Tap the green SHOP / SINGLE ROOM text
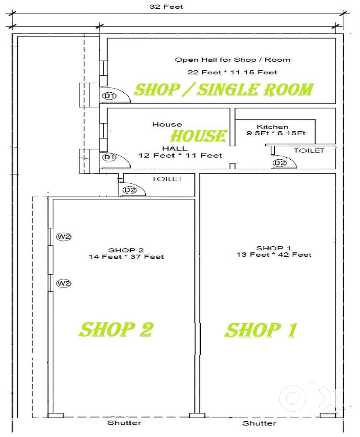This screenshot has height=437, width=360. pyautogui.click(x=224, y=90)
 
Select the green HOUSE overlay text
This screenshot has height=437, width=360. pyautogui.click(x=198, y=136)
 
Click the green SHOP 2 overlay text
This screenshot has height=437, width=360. pyautogui.click(x=115, y=329)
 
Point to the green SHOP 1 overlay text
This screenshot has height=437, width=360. pyautogui.click(x=261, y=330)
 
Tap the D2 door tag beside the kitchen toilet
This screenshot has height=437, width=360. pyautogui.click(x=279, y=163)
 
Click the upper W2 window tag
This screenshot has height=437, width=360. pyautogui.click(x=64, y=237)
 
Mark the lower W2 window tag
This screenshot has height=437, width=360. pyautogui.click(x=64, y=283)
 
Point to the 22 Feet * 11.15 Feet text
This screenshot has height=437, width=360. pyautogui.click(x=232, y=72)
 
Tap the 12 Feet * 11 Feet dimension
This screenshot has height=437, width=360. pyautogui.click(x=180, y=155)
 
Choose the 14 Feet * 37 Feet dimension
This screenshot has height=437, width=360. pyautogui.click(x=126, y=257)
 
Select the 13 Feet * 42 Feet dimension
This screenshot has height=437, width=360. pyautogui.click(x=274, y=254)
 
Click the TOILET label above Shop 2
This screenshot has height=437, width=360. pyautogui.click(x=167, y=179)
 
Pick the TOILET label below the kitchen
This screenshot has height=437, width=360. pyautogui.click(x=309, y=150)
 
